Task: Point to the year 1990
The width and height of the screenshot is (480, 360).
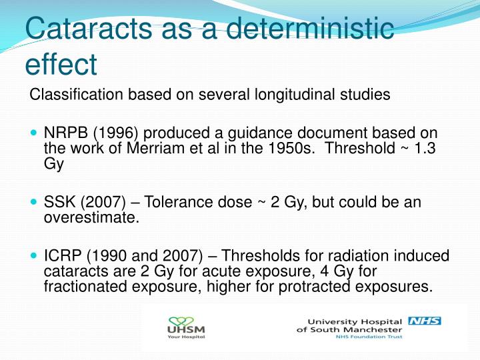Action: [x=107, y=257]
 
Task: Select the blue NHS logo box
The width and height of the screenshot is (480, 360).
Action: [x=424, y=321]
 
